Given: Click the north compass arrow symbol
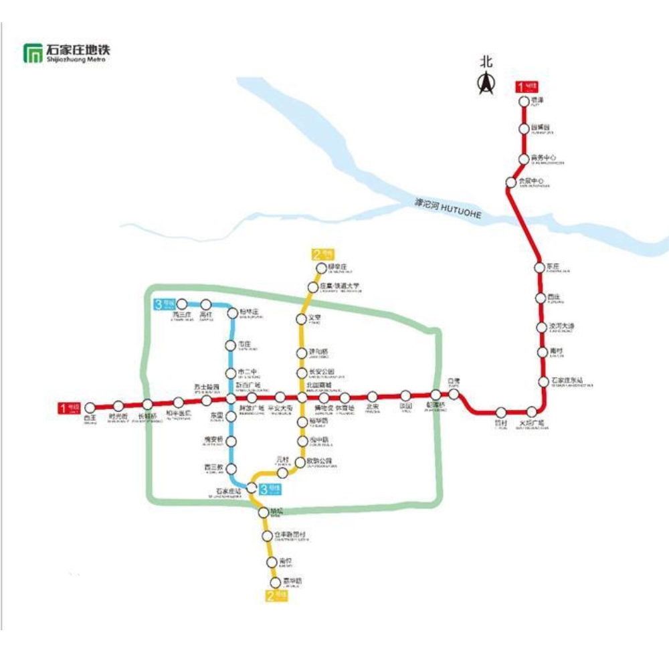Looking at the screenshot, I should (x=486, y=83).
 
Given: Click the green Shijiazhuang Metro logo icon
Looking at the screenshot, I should (x=32, y=53).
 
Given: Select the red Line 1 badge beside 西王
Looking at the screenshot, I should (x=69, y=407).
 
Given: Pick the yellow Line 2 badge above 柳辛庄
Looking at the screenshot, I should (x=322, y=254).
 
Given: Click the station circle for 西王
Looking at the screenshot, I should (x=90, y=407).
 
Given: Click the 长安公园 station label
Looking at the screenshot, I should (x=320, y=372).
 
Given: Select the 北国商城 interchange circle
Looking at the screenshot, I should (x=302, y=398).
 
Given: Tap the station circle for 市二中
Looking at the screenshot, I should (x=231, y=373).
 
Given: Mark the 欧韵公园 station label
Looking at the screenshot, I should (x=319, y=461).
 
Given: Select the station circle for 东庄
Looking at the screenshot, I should (x=540, y=267).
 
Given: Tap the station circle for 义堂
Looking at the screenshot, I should (x=302, y=318).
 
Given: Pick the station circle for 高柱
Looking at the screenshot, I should (x=206, y=305).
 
